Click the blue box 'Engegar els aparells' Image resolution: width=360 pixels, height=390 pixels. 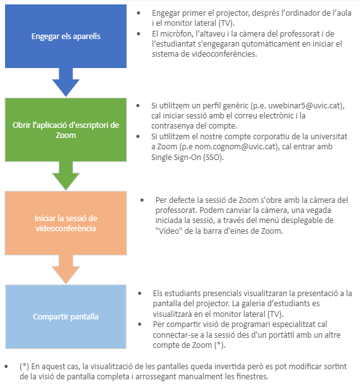66,36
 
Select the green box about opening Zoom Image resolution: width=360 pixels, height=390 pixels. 66,130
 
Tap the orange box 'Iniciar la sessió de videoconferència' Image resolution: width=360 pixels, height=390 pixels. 66,223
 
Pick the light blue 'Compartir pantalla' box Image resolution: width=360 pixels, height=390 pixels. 66,317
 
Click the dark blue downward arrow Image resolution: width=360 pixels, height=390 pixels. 66,83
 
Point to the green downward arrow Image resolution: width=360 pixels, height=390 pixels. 66,176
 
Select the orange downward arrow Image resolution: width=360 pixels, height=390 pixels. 66,270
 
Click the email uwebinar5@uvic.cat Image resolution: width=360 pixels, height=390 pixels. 304,106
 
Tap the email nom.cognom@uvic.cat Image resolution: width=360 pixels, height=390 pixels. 236,147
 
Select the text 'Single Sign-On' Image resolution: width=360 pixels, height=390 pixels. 176,157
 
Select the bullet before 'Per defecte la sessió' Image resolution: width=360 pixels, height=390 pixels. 142,200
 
